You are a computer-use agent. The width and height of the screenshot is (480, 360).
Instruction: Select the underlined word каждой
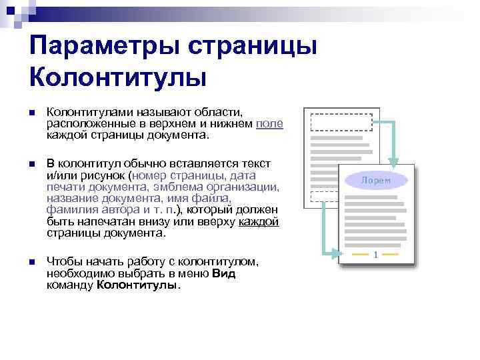(x=259, y=223)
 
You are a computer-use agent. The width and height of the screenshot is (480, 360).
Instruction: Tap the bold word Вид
(x=224, y=273)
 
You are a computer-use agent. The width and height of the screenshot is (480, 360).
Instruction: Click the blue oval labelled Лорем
(x=375, y=180)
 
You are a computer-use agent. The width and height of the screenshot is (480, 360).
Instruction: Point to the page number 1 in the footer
(x=376, y=255)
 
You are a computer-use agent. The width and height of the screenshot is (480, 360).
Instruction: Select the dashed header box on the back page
(x=342, y=122)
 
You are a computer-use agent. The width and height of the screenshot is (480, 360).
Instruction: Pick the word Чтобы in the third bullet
(x=63, y=263)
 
